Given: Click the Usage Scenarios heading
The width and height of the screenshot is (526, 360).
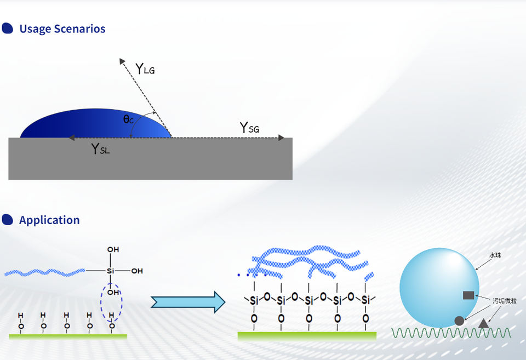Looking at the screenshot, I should click(62, 29).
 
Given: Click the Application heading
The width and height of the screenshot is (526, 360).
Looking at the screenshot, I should click(49, 220).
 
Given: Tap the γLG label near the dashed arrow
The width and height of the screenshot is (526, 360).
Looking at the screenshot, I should click(145, 69).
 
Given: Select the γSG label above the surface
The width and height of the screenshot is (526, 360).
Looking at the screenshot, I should click(249, 128).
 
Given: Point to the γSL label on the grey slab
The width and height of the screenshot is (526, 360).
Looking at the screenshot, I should click(100, 148).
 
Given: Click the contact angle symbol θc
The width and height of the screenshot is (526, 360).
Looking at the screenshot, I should click(128, 118).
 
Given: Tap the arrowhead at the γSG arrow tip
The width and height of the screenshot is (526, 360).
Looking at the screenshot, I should click(282, 138).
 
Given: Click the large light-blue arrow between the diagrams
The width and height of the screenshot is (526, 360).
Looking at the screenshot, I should click(188, 301).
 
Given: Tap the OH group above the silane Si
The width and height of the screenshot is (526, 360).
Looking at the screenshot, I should click(113, 250).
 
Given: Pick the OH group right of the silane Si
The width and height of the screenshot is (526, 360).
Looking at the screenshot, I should click(137, 271).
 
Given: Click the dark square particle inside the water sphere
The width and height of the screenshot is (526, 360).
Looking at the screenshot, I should click(468, 295).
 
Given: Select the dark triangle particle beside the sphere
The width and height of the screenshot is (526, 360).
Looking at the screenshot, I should click(483, 323).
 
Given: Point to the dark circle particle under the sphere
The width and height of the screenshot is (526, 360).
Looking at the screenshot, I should click(459, 321).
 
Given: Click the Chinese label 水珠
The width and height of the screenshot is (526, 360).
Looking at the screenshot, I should click(495, 255).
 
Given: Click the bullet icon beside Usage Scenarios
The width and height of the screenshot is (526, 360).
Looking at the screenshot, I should click(8, 28).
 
